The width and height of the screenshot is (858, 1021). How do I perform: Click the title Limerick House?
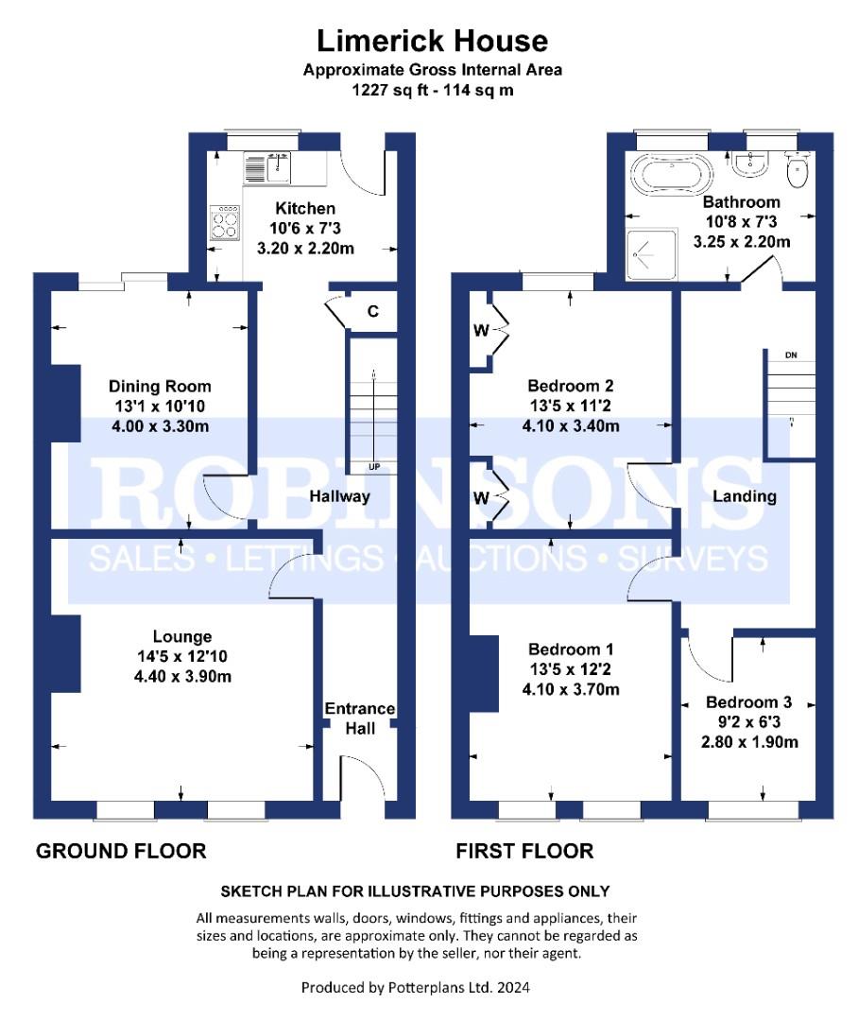click(432, 41)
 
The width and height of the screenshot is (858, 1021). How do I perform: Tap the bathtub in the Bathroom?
click(671, 174)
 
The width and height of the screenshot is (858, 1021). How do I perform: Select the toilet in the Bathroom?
click(797, 168)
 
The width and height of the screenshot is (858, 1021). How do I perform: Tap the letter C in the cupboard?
click(373, 311)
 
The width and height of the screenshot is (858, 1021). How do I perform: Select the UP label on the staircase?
click(374, 467)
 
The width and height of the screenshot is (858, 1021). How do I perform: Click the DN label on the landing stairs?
click(791, 355)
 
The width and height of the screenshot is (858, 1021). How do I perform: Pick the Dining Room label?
click(160, 386)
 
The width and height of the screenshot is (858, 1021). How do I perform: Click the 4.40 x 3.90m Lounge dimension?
click(183, 677)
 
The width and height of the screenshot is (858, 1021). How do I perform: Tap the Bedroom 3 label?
click(748, 701)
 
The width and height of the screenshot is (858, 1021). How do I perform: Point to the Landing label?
click(745, 496)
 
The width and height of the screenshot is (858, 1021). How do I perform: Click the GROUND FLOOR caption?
click(121, 851)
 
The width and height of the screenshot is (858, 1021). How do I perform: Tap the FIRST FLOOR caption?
click(524, 851)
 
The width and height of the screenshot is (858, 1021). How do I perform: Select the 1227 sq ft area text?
click(388, 90)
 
